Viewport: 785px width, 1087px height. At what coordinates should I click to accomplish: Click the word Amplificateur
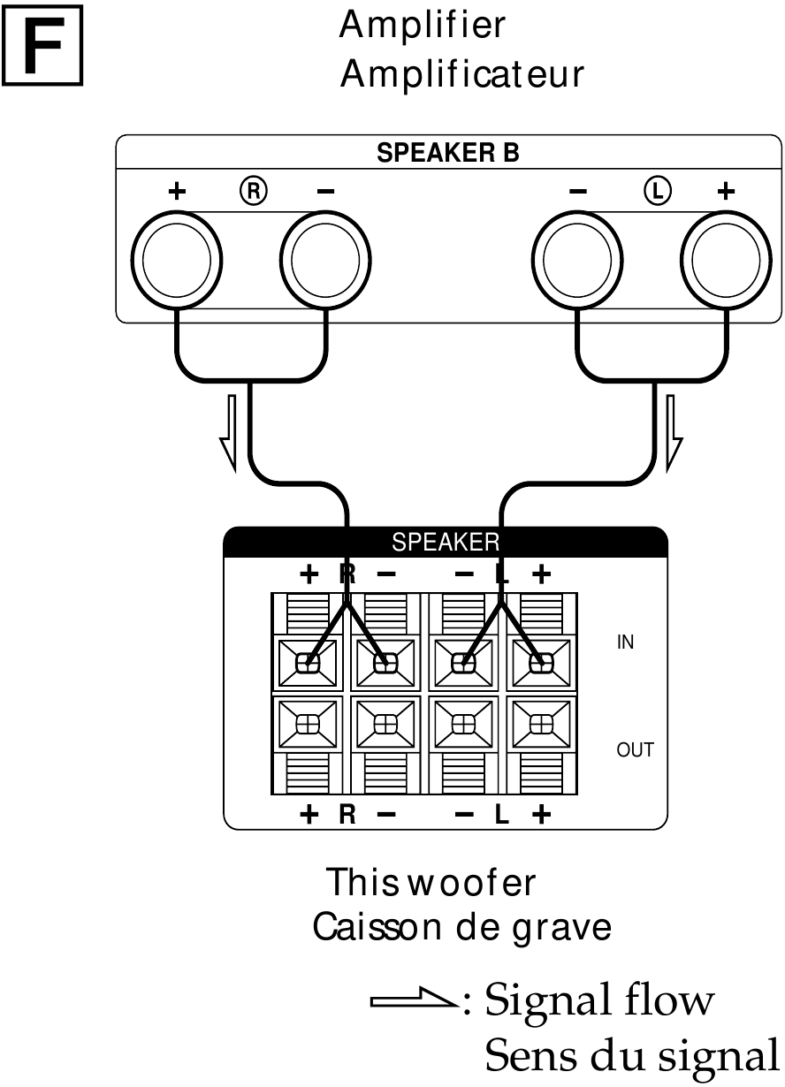461,75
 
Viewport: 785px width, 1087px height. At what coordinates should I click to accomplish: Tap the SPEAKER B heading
448,153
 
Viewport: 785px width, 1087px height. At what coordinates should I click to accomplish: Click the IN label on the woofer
625,642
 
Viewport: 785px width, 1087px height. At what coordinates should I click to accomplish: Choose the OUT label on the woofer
635,750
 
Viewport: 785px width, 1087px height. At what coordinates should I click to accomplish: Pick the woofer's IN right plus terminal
308,663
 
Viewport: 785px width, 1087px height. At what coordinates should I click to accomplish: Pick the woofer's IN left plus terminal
541,663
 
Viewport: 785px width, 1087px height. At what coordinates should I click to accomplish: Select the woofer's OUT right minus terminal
385,722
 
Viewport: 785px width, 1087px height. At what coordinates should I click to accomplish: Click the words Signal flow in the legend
598,1000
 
